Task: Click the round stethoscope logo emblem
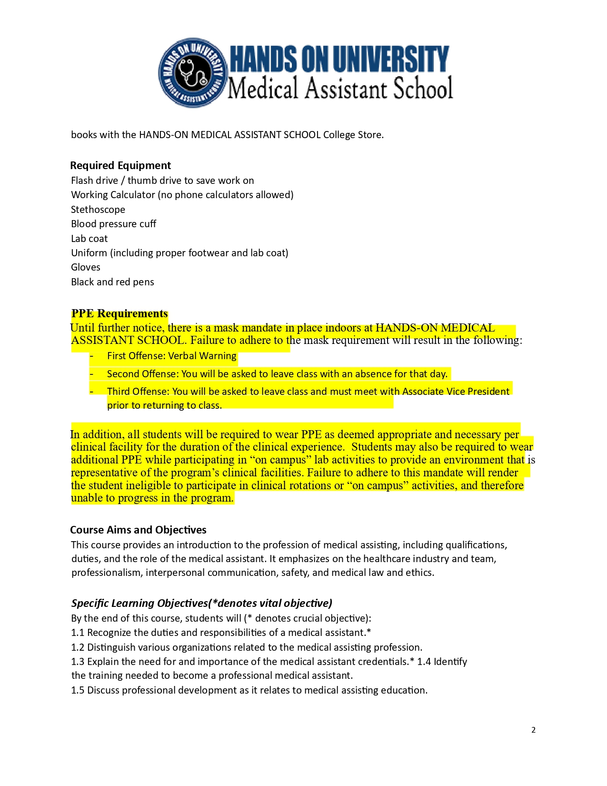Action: point(192,72)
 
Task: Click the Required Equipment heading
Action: point(120,165)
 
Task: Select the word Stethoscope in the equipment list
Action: point(98,210)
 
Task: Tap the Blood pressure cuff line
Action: point(113,224)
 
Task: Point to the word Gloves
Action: point(86,267)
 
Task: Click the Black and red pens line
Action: point(112,282)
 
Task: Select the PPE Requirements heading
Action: point(119,313)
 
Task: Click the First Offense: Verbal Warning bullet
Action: point(171,356)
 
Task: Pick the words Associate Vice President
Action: point(456,392)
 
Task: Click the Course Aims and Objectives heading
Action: point(138,530)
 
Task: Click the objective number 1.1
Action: point(78,633)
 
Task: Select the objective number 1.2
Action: point(78,647)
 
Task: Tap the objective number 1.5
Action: point(78,690)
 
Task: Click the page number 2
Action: point(533,730)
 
